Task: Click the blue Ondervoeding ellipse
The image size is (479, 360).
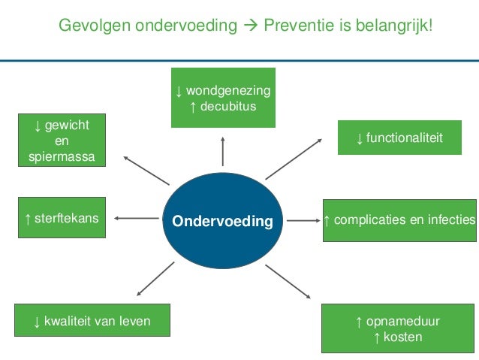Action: pyautogui.click(x=222, y=221)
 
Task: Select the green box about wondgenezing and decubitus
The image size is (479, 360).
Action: pyautogui.click(x=222, y=98)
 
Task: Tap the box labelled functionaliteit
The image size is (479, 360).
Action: pyautogui.click(x=399, y=138)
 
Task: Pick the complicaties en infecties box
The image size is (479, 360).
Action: pyautogui.click(x=399, y=220)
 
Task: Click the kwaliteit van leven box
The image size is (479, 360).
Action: pyautogui.click(x=92, y=322)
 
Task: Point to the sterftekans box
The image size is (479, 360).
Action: pyautogui.click(x=62, y=219)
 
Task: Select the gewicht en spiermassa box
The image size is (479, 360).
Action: pyautogui.click(x=62, y=140)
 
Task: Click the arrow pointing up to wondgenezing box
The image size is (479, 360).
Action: pyautogui.click(x=222, y=151)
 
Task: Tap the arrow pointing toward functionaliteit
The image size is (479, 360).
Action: pyautogui.click(x=294, y=159)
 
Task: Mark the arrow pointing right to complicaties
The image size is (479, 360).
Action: pyautogui.click(x=303, y=221)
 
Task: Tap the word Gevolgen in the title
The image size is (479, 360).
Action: pyautogui.click(x=95, y=27)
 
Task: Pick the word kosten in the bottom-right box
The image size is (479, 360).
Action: pyautogui.click(x=402, y=337)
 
